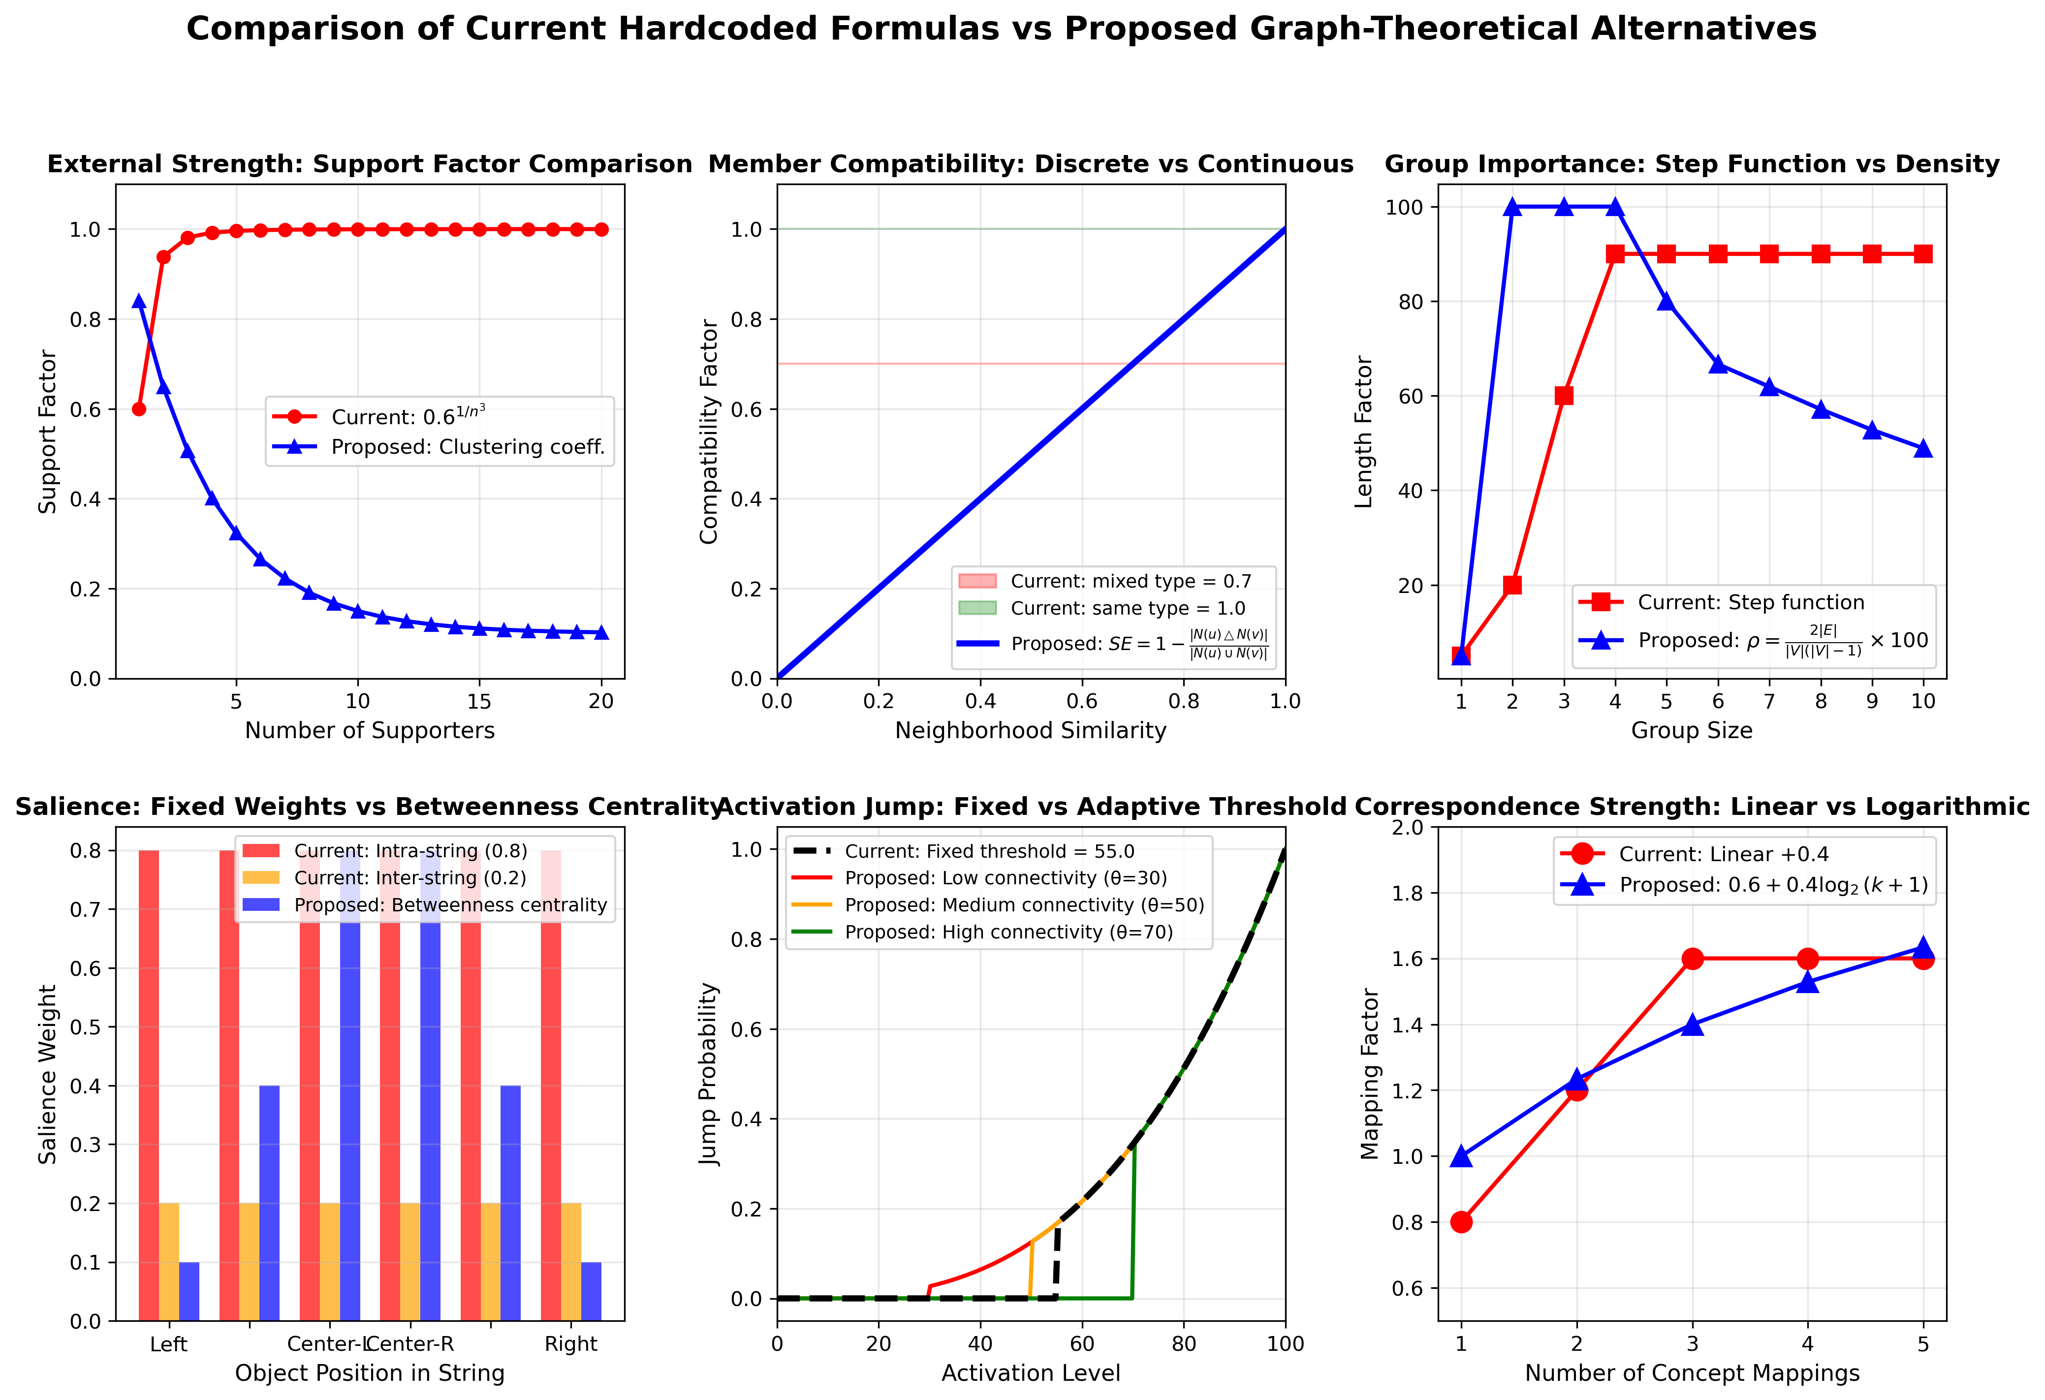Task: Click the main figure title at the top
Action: tap(1002, 29)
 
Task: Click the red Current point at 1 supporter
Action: tap(139, 409)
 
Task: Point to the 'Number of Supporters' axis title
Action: tap(370, 730)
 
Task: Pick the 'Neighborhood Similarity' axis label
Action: tap(1031, 730)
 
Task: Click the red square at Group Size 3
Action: tap(1564, 396)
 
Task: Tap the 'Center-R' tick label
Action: tap(410, 1344)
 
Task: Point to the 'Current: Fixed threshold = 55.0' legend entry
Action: tap(989, 851)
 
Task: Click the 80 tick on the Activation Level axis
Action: tap(1184, 1344)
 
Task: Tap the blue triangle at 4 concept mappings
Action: tap(1807, 982)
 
